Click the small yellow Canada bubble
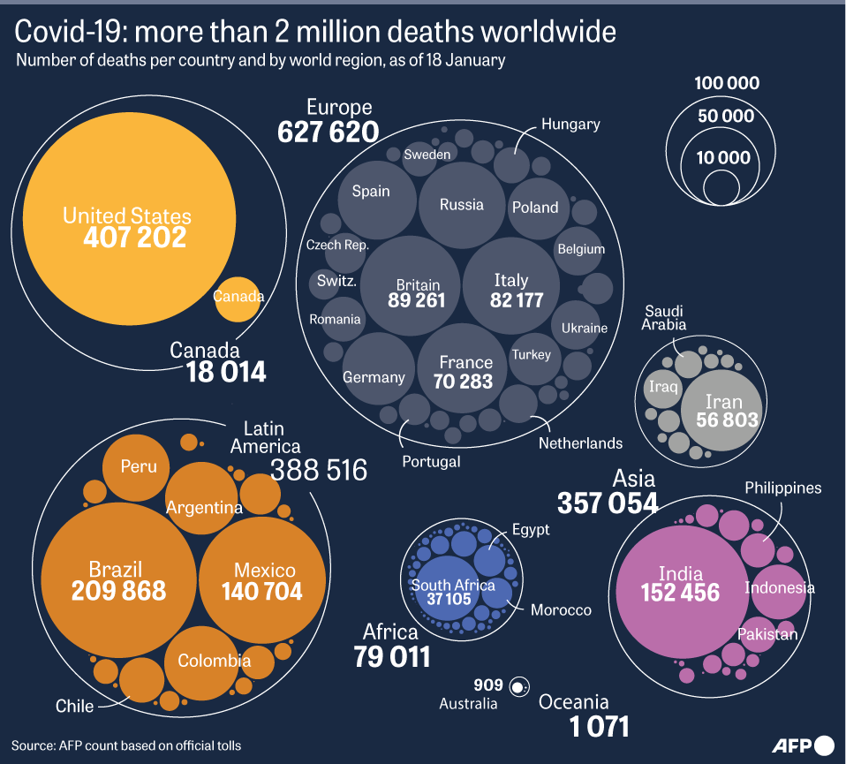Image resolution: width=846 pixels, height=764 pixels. (238, 296)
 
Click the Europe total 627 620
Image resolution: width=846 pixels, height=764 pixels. (329, 132)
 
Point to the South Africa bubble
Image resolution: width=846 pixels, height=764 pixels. (452, 590)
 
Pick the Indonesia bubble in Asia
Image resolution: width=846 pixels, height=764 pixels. (778, 588)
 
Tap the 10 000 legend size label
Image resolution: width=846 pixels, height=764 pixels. (722, 159)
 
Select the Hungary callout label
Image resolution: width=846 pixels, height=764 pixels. (570, 124)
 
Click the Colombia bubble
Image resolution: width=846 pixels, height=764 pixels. (215, 661)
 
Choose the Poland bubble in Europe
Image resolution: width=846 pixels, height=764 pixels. (535, 208)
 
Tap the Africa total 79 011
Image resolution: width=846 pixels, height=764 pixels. (392, 657)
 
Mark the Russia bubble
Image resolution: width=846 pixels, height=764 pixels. (462, 205)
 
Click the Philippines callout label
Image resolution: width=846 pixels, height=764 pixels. (782, 488)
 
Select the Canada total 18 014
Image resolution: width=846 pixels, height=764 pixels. (226, 373)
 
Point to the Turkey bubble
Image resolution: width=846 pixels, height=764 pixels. (532, 355)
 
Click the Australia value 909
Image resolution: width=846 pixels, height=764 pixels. (487, 685)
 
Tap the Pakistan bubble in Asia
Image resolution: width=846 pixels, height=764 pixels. (767, 633)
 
